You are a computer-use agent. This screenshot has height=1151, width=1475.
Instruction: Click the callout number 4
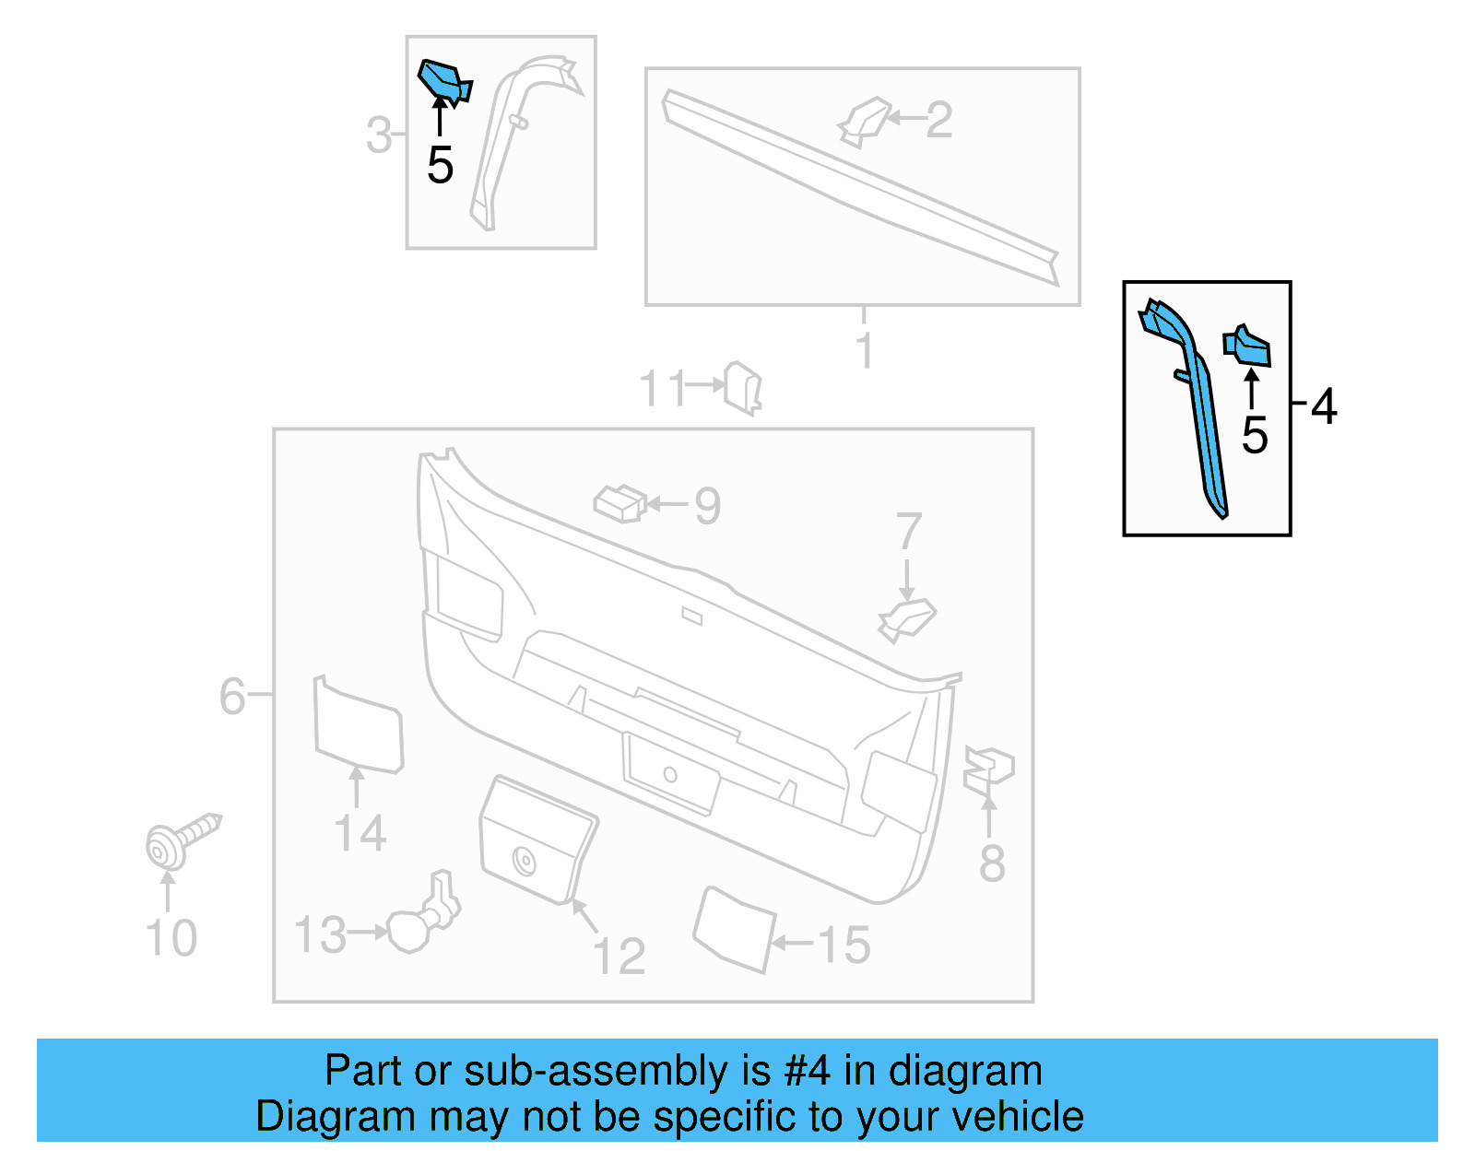click(x=1324, y=406)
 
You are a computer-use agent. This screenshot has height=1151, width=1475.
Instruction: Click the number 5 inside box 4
click(x=1255, y=435)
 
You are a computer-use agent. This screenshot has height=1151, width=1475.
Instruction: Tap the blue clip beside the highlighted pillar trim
click(x=1248, y=346)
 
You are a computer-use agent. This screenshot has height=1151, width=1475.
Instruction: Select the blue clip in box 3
click(x=443, y=80)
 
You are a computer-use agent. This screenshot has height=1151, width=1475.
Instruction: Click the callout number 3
click(x=379, y=135)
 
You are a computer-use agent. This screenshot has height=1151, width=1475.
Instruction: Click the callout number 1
click(x=864, y=350)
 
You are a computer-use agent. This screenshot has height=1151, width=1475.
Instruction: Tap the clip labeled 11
click(x=743, y=387)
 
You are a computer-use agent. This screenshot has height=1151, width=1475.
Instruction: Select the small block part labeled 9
click(x=619, y=503)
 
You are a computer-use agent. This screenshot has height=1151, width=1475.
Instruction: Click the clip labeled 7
click(x=906, y=619)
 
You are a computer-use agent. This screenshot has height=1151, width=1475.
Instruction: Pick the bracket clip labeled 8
click(x=987, y=769)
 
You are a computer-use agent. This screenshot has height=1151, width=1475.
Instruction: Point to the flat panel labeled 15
click(x=734, y=929)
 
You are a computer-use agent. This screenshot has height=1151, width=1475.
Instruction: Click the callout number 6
click(x=231, y=696)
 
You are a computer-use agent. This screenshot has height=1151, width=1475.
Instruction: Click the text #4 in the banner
click(x=807, y=1072)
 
